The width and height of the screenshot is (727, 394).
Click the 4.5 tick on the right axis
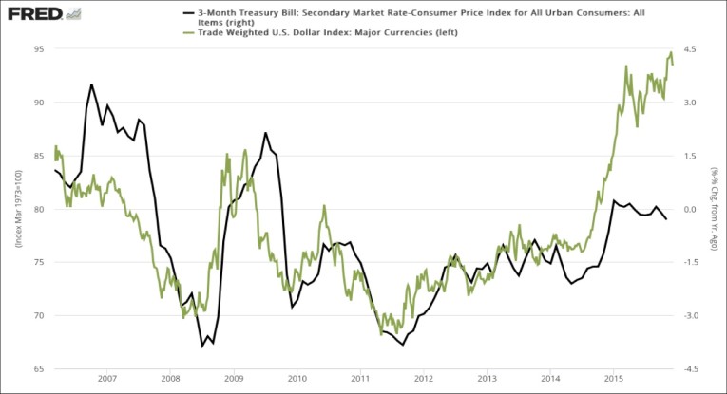[691, 48]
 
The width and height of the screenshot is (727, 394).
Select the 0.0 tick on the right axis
[691, 209]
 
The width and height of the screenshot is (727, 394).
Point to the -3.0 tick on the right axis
[691, 315]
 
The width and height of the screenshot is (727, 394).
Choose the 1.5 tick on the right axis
[691, 156]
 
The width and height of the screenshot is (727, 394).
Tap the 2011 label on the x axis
[360, 378]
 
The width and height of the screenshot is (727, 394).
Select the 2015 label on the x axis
[614, 378]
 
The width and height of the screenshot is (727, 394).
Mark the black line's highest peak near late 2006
[91, 84]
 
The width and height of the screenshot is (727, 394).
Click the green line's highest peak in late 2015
[671, 53]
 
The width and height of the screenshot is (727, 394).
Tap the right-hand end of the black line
[666, 219]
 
